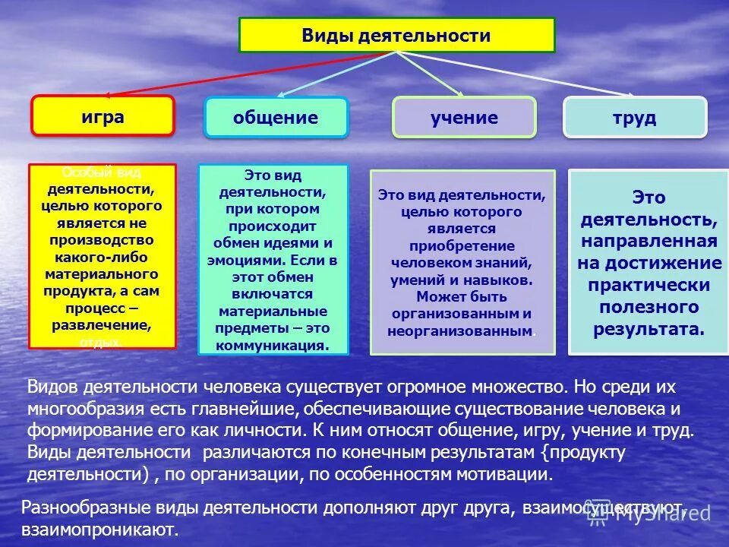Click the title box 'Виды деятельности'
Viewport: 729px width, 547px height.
click(396, 35)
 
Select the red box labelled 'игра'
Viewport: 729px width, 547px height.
click(103, 116)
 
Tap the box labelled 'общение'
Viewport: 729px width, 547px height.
click(275, 118)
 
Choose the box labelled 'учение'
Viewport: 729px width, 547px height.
click(464, 118)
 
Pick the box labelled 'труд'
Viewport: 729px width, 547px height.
click(634, 118)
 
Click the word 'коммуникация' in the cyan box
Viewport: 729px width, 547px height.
click(273, 345)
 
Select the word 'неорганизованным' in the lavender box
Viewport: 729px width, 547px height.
click(459, 331)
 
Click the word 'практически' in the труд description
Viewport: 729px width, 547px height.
click(649, 286)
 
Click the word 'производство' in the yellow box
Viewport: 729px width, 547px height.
click(102, 239)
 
